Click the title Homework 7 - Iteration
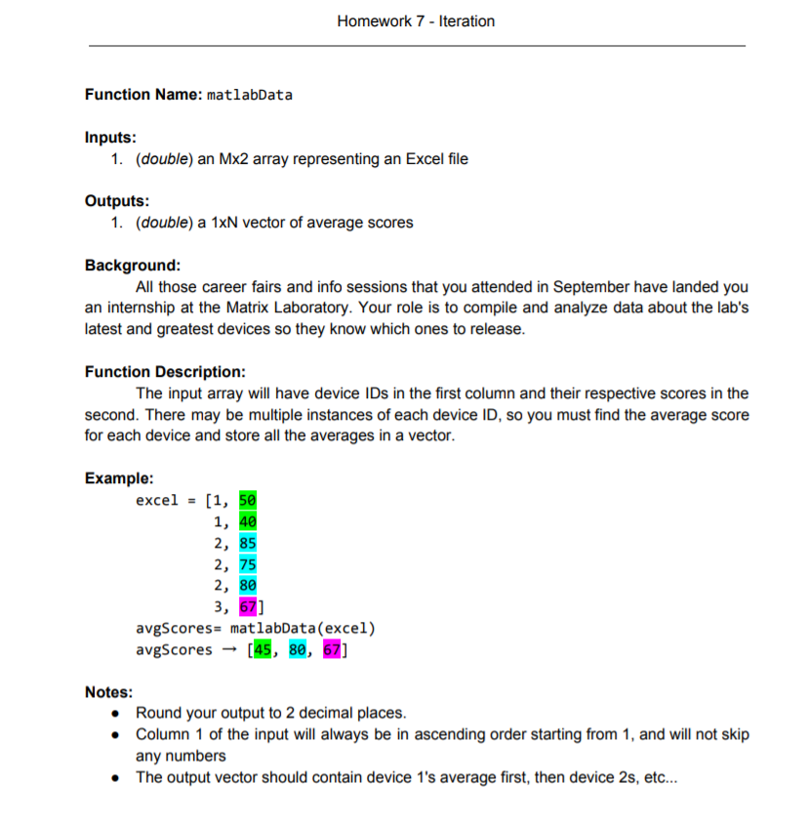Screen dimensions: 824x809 click(415, 21)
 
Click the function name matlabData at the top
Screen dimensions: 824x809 click(250, 95)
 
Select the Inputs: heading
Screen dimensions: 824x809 click(110, 138)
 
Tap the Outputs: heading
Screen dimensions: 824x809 click(117, 201)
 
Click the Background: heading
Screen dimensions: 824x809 click(133, 266)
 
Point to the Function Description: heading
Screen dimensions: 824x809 click(165, 372)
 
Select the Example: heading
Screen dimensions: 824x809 click(119, 478)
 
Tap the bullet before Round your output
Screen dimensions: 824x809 click(117, 713)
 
